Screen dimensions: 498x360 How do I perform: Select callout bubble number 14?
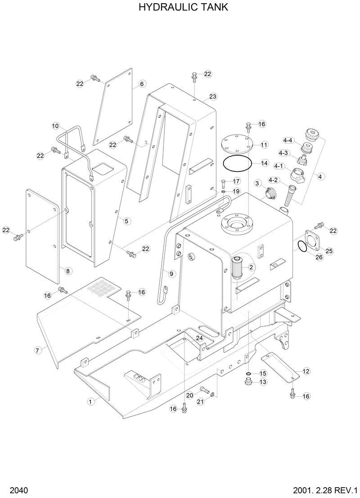[264, 162]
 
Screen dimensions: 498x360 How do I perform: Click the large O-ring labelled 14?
[238, 163]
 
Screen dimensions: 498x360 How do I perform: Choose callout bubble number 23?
[212, 97]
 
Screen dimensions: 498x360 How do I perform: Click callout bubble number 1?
[91, 401]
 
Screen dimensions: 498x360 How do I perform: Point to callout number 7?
[39, 350]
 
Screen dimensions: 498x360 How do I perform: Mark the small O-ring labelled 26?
[301, 246]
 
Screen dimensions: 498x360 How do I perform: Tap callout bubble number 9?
[171, 273]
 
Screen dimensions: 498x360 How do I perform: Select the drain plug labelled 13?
[247, 382]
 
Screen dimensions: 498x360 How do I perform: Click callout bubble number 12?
[306, 371]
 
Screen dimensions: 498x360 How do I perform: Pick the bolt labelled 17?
[223, 183]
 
